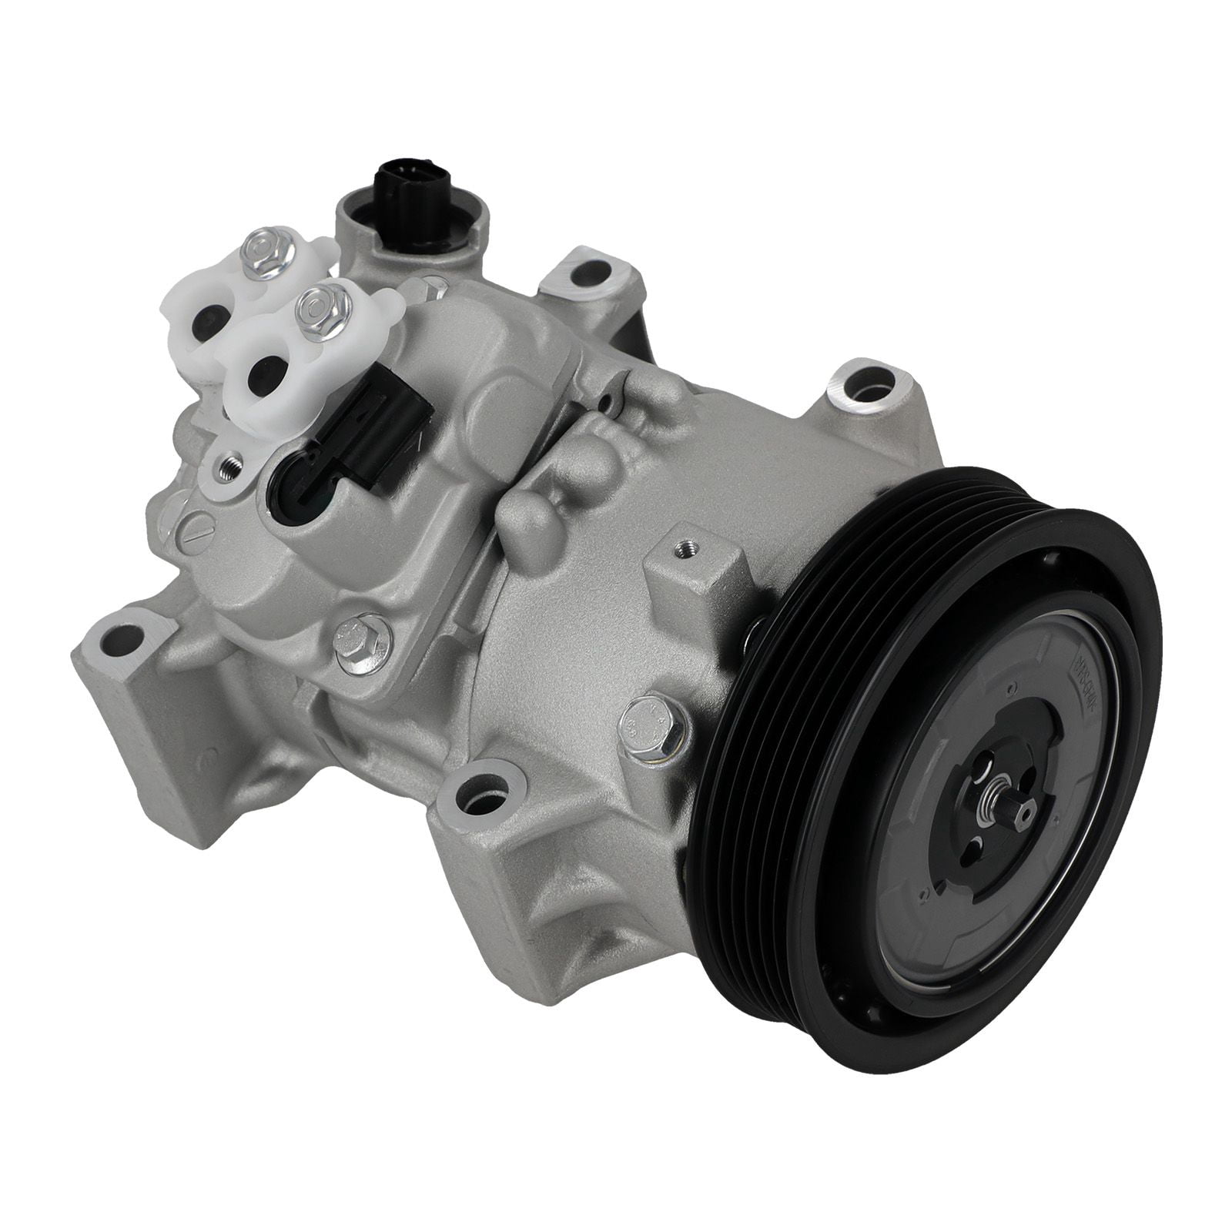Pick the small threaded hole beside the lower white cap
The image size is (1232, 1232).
pos(227,470)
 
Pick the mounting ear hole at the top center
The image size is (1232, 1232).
pos(589,272)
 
